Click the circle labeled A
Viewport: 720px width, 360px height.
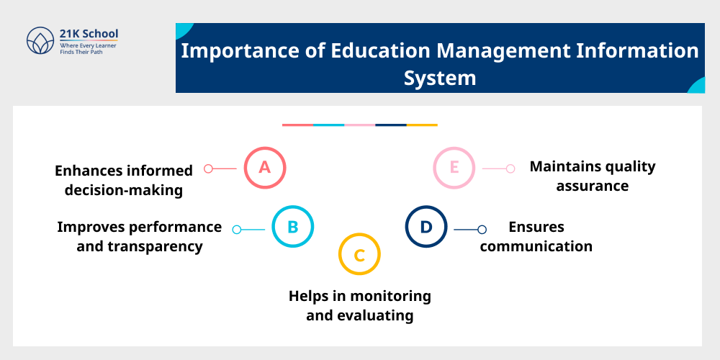pos(265,168)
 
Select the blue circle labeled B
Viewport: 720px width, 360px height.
pos(293,228)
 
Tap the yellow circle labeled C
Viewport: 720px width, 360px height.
pos(359,254)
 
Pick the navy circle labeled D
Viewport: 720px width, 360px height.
pos(426,227)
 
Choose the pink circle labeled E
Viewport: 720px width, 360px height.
pos(454,168)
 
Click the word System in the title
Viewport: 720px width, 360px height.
pos(439,77)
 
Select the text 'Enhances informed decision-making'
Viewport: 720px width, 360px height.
pos(124,180)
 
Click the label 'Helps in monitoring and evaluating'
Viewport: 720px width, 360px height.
pos(360,305)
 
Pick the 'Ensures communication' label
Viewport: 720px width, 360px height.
pos(536,236)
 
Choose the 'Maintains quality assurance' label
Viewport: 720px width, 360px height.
pos(593,176)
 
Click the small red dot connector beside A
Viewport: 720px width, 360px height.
pos(208,168)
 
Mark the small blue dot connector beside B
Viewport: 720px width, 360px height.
pos(237,230)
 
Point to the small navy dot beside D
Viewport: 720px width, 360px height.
pos(482,230)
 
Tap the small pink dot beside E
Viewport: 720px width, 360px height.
pos(510,168)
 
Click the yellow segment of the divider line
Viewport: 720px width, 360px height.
pos(422,125)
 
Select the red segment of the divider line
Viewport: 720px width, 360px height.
pos(297,125)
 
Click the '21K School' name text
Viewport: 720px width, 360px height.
pos(90,33)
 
